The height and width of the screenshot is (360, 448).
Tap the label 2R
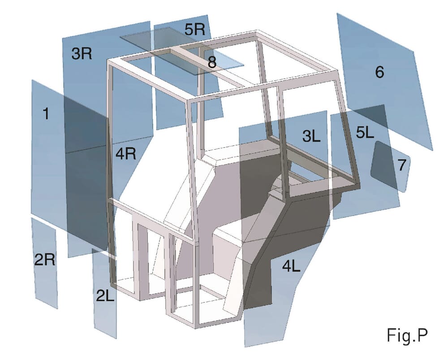(45, 259)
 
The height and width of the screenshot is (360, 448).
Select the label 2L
(105, 295)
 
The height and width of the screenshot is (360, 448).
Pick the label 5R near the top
(194, 30)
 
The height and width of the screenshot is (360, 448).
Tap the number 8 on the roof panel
(211, 62)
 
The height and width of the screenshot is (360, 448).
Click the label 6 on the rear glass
(379, 72)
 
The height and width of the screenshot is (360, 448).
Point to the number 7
(402, 165)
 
